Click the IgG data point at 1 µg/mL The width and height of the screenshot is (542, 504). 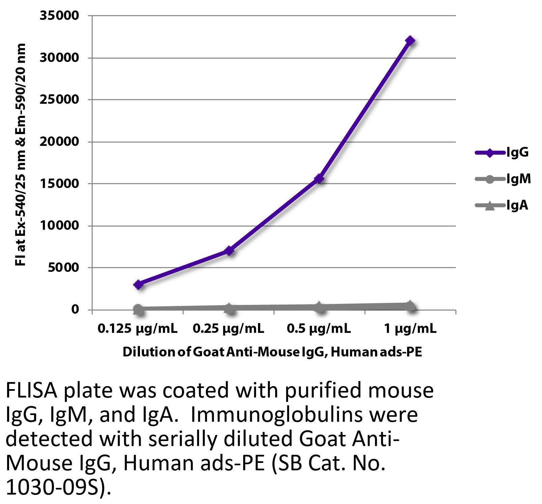410,41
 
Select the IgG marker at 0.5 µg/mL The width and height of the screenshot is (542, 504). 319,179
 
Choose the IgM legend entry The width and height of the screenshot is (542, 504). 518,179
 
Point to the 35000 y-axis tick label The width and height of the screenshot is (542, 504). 59,16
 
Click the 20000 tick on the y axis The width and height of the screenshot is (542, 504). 59,142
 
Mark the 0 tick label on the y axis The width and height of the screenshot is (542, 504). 75,309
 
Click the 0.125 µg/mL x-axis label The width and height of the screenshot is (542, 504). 138,328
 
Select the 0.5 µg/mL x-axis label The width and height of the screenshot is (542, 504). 319,328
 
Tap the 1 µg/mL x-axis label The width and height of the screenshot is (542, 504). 410,328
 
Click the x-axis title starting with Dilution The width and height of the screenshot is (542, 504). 272,352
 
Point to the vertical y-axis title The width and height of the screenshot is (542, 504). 21,155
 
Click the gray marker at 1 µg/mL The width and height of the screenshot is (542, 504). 410,306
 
